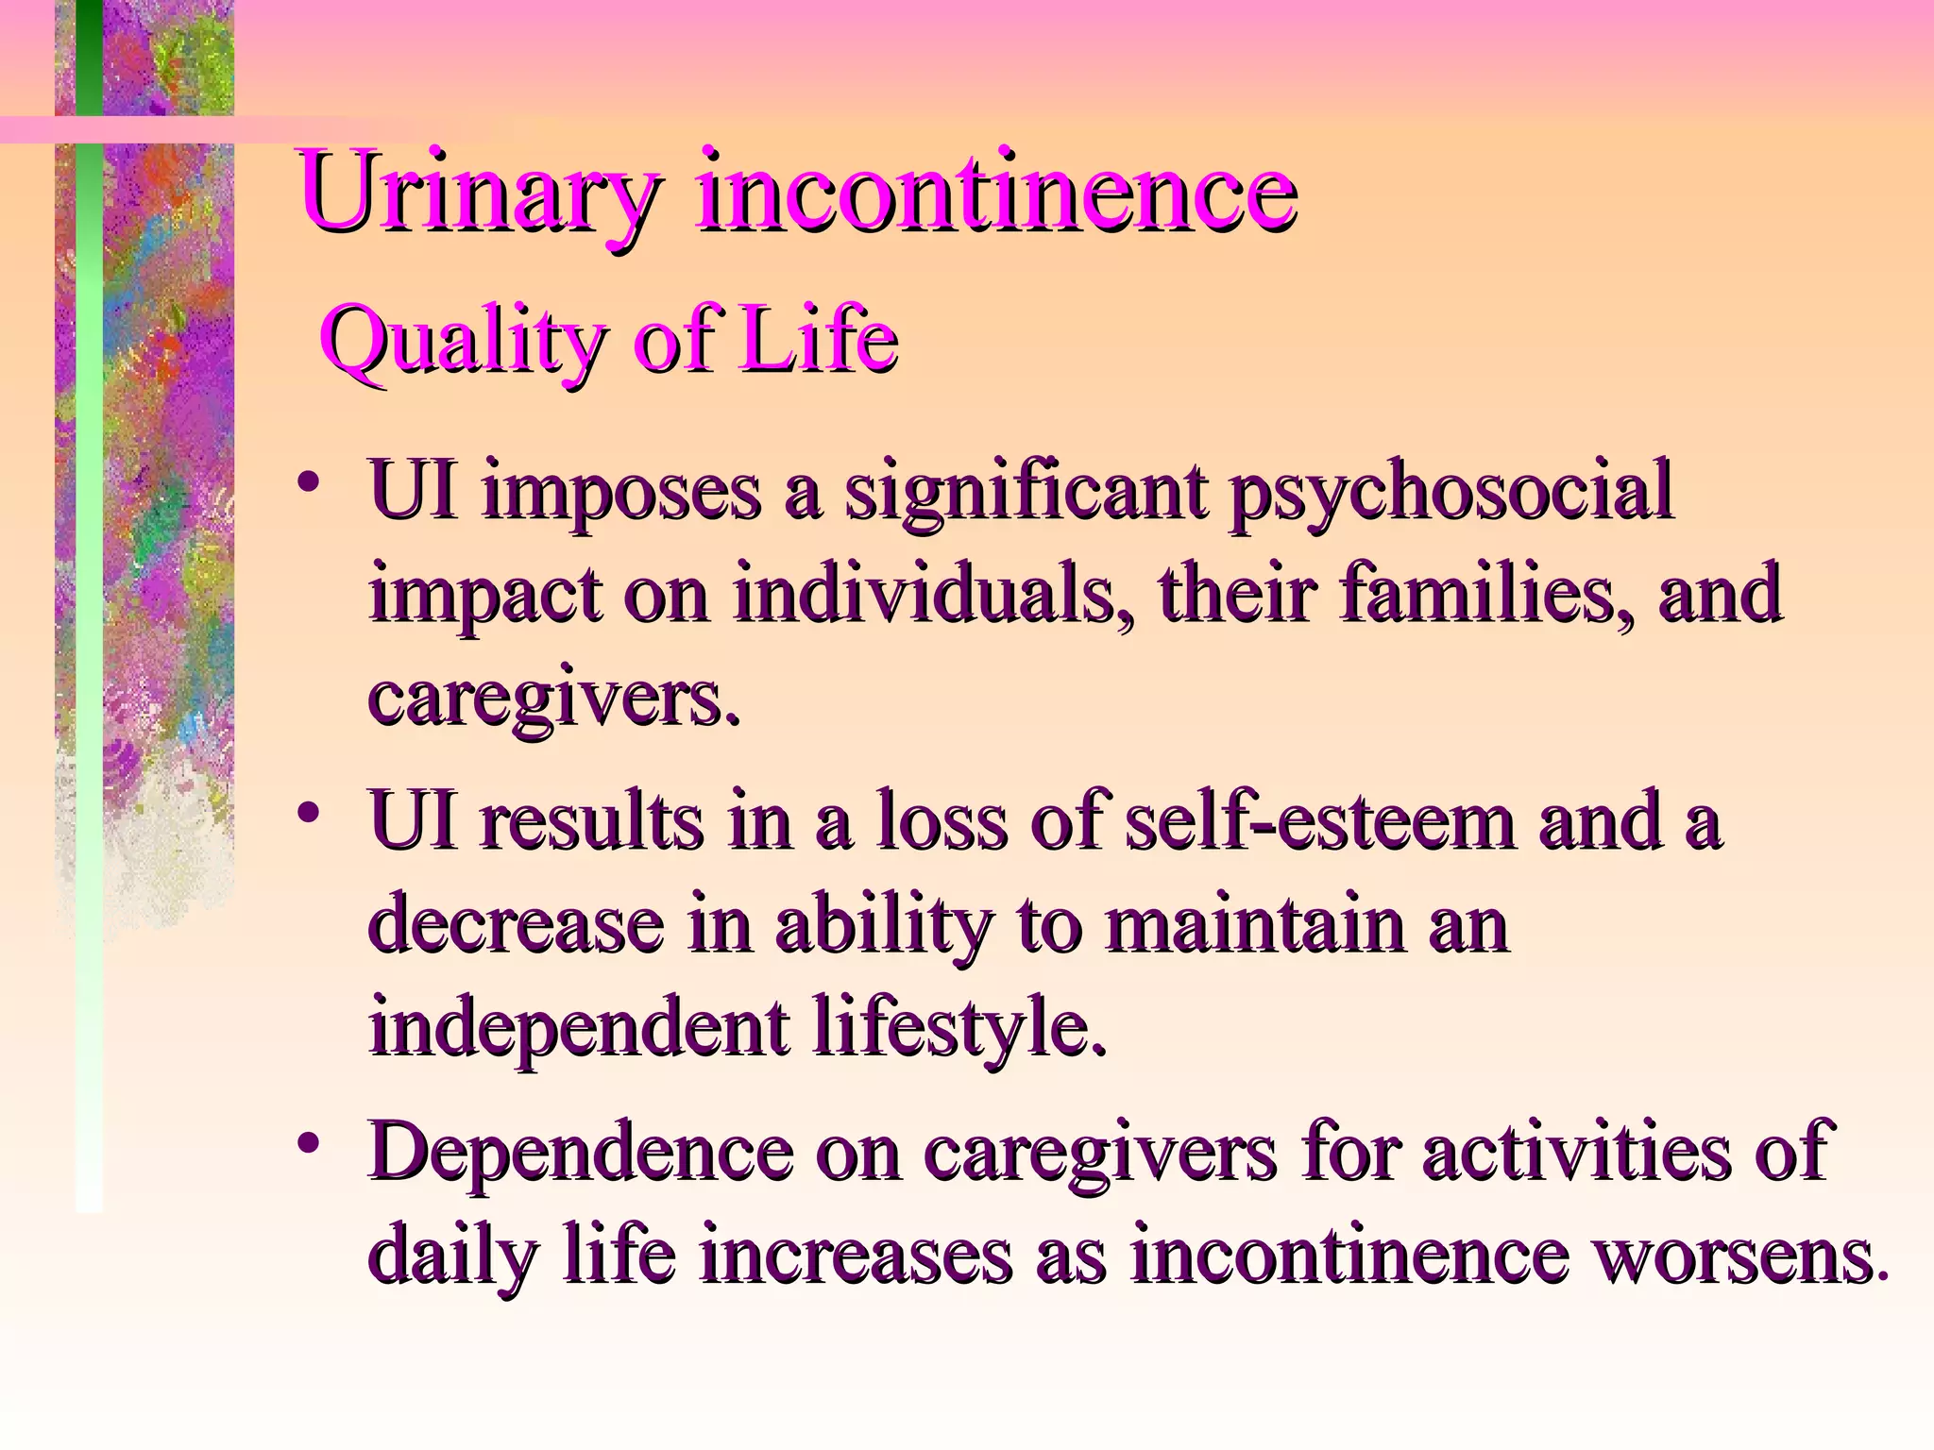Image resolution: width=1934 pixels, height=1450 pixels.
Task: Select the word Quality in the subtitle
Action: [x=463, y=342]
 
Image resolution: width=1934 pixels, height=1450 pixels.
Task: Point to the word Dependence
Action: [x=582, y=1154]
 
